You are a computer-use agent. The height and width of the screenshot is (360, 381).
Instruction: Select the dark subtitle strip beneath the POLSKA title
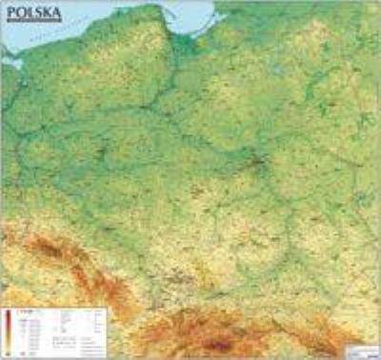[x=32, y=24]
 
